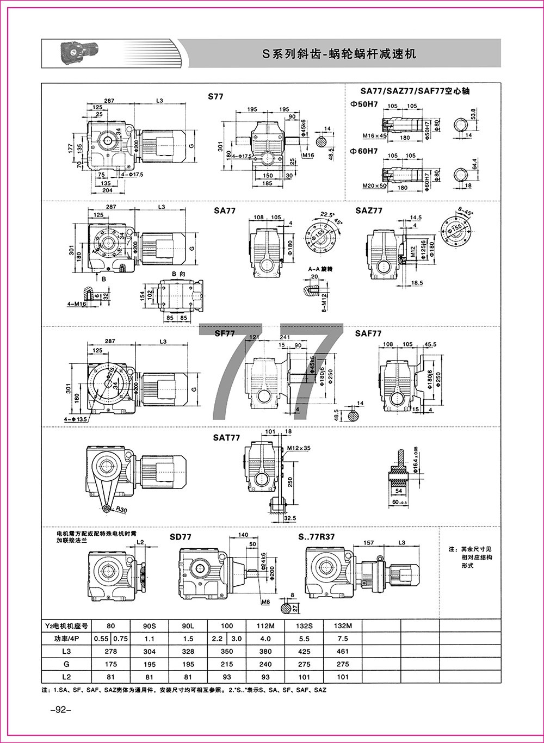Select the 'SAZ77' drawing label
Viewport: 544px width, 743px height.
369,210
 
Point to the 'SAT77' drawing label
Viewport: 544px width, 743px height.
227,437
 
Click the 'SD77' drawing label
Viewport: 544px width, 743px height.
181,537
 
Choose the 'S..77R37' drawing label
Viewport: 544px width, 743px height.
316,537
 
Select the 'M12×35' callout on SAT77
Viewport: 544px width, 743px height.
300,448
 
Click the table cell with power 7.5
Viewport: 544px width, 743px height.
343,639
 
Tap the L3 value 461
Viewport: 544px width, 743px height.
343,651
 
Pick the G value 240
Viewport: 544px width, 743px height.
266,664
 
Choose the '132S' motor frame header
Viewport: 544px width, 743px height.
305,626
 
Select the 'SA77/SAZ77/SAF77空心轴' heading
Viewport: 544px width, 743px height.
407,91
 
